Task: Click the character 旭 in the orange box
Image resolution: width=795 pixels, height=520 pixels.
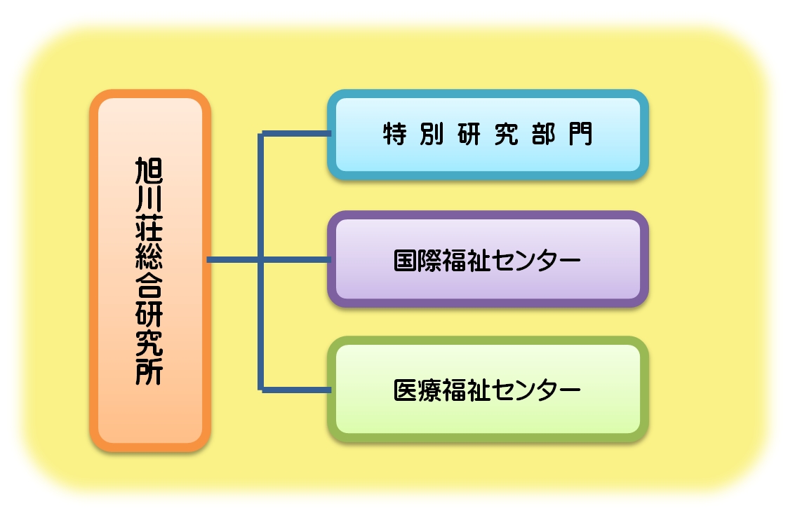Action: point(149,172)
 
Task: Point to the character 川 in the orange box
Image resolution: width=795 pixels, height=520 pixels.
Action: point(149,201)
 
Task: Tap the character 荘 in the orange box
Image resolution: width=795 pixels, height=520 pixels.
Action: point(149,228)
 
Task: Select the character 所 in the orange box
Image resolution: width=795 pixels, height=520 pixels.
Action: point(149,370)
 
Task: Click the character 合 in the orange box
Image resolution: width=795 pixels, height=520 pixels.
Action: point(149,286)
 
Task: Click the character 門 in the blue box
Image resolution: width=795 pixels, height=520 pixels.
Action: point(580,134)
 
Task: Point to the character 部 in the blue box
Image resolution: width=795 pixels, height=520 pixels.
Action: point(544,134)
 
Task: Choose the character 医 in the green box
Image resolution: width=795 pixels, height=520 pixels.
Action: point(406,389)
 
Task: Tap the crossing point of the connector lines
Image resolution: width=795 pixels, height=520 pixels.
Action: point(261,260)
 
